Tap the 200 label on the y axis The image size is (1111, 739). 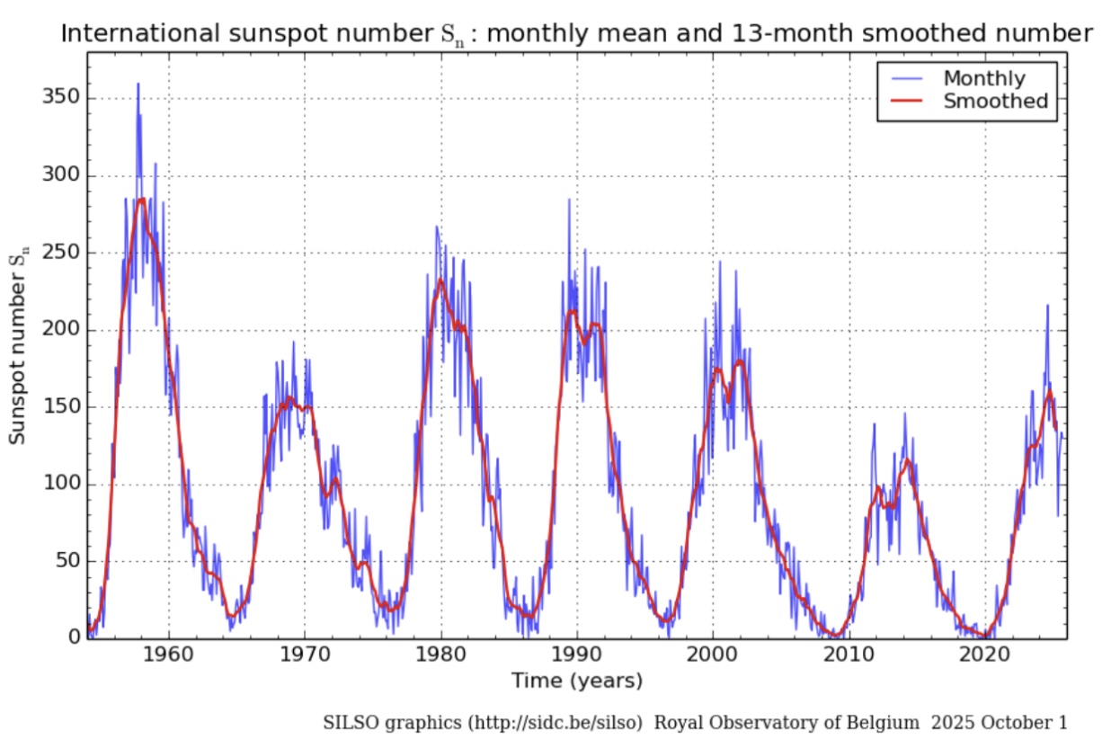pyautogui.click(x=58, y=330)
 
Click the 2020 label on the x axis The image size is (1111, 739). pyautogui.click(x=984, y=655)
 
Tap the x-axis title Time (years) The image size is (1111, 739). pyautogui.click(x=577, y=681)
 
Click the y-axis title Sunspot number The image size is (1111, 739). pyautogui.click(x=18, y=345)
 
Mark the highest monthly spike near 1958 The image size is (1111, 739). pyautogui.click(x=138, y=84)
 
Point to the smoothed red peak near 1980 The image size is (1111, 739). pyautogui.click(x=440, y=280)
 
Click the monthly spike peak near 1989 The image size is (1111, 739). pyautogui.click(x=568, y=200)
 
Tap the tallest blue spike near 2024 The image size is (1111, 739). pyautogui.click(x=1047, y=306)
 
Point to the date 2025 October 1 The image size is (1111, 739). pyautogui.click(x=1000, y=722)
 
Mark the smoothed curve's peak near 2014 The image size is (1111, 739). pyautogui.click(x=908, y=460)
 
